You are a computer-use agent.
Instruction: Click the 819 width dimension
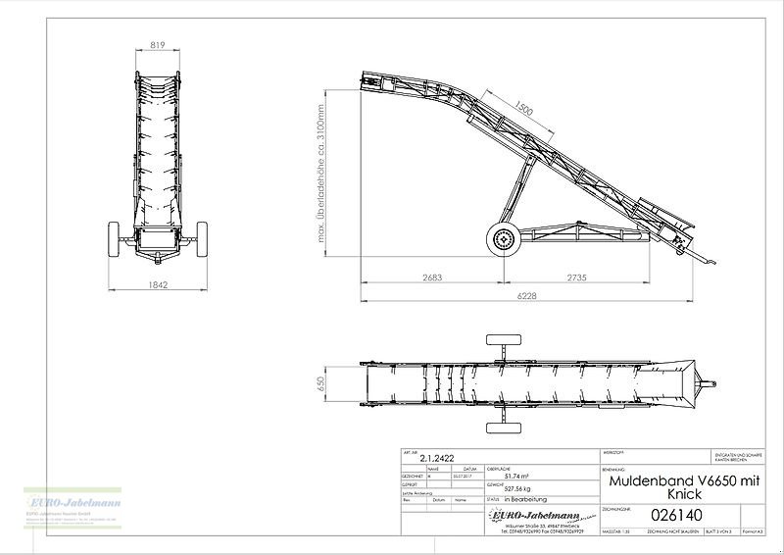pyautogui.click(x=157, y=43)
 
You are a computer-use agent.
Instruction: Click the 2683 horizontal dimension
pyautogui.click(x=431, y=277)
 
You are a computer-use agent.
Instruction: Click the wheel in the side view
pyautogui.click(x=506, y=238)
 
